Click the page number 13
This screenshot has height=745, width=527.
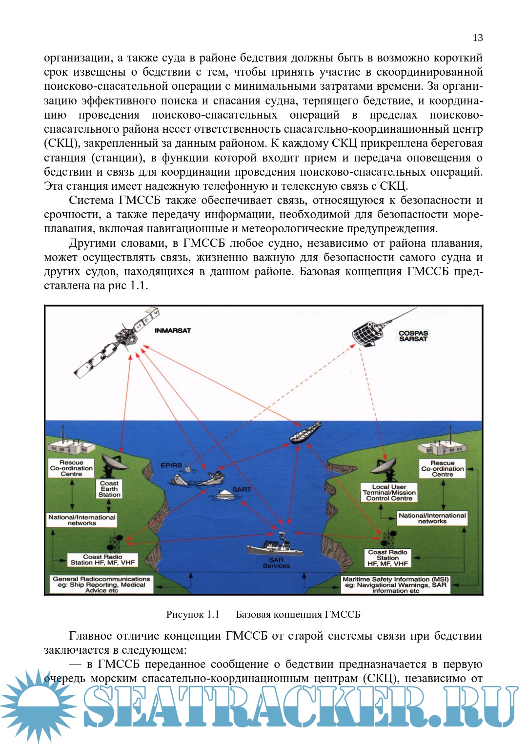point(477,38)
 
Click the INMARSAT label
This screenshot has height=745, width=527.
point(173,330)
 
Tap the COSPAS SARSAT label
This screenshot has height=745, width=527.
point(413,336)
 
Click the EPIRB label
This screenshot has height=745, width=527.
point(171,465)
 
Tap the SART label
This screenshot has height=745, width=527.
point(242,489)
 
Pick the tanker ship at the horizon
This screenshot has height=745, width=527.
point(305,432)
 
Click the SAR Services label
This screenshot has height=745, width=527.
point(276,563)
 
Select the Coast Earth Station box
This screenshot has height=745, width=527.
point(109,489)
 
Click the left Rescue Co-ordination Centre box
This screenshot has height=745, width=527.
point(71,468)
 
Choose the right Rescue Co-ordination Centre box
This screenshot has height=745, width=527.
point(443,469)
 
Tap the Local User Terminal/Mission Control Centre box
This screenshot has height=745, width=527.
point(389,493)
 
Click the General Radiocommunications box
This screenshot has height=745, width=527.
point(101,584)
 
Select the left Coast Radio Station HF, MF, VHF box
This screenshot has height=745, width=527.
point(102,560)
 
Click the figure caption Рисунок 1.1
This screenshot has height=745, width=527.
point(263,614)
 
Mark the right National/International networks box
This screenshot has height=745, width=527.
point(432,518)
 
